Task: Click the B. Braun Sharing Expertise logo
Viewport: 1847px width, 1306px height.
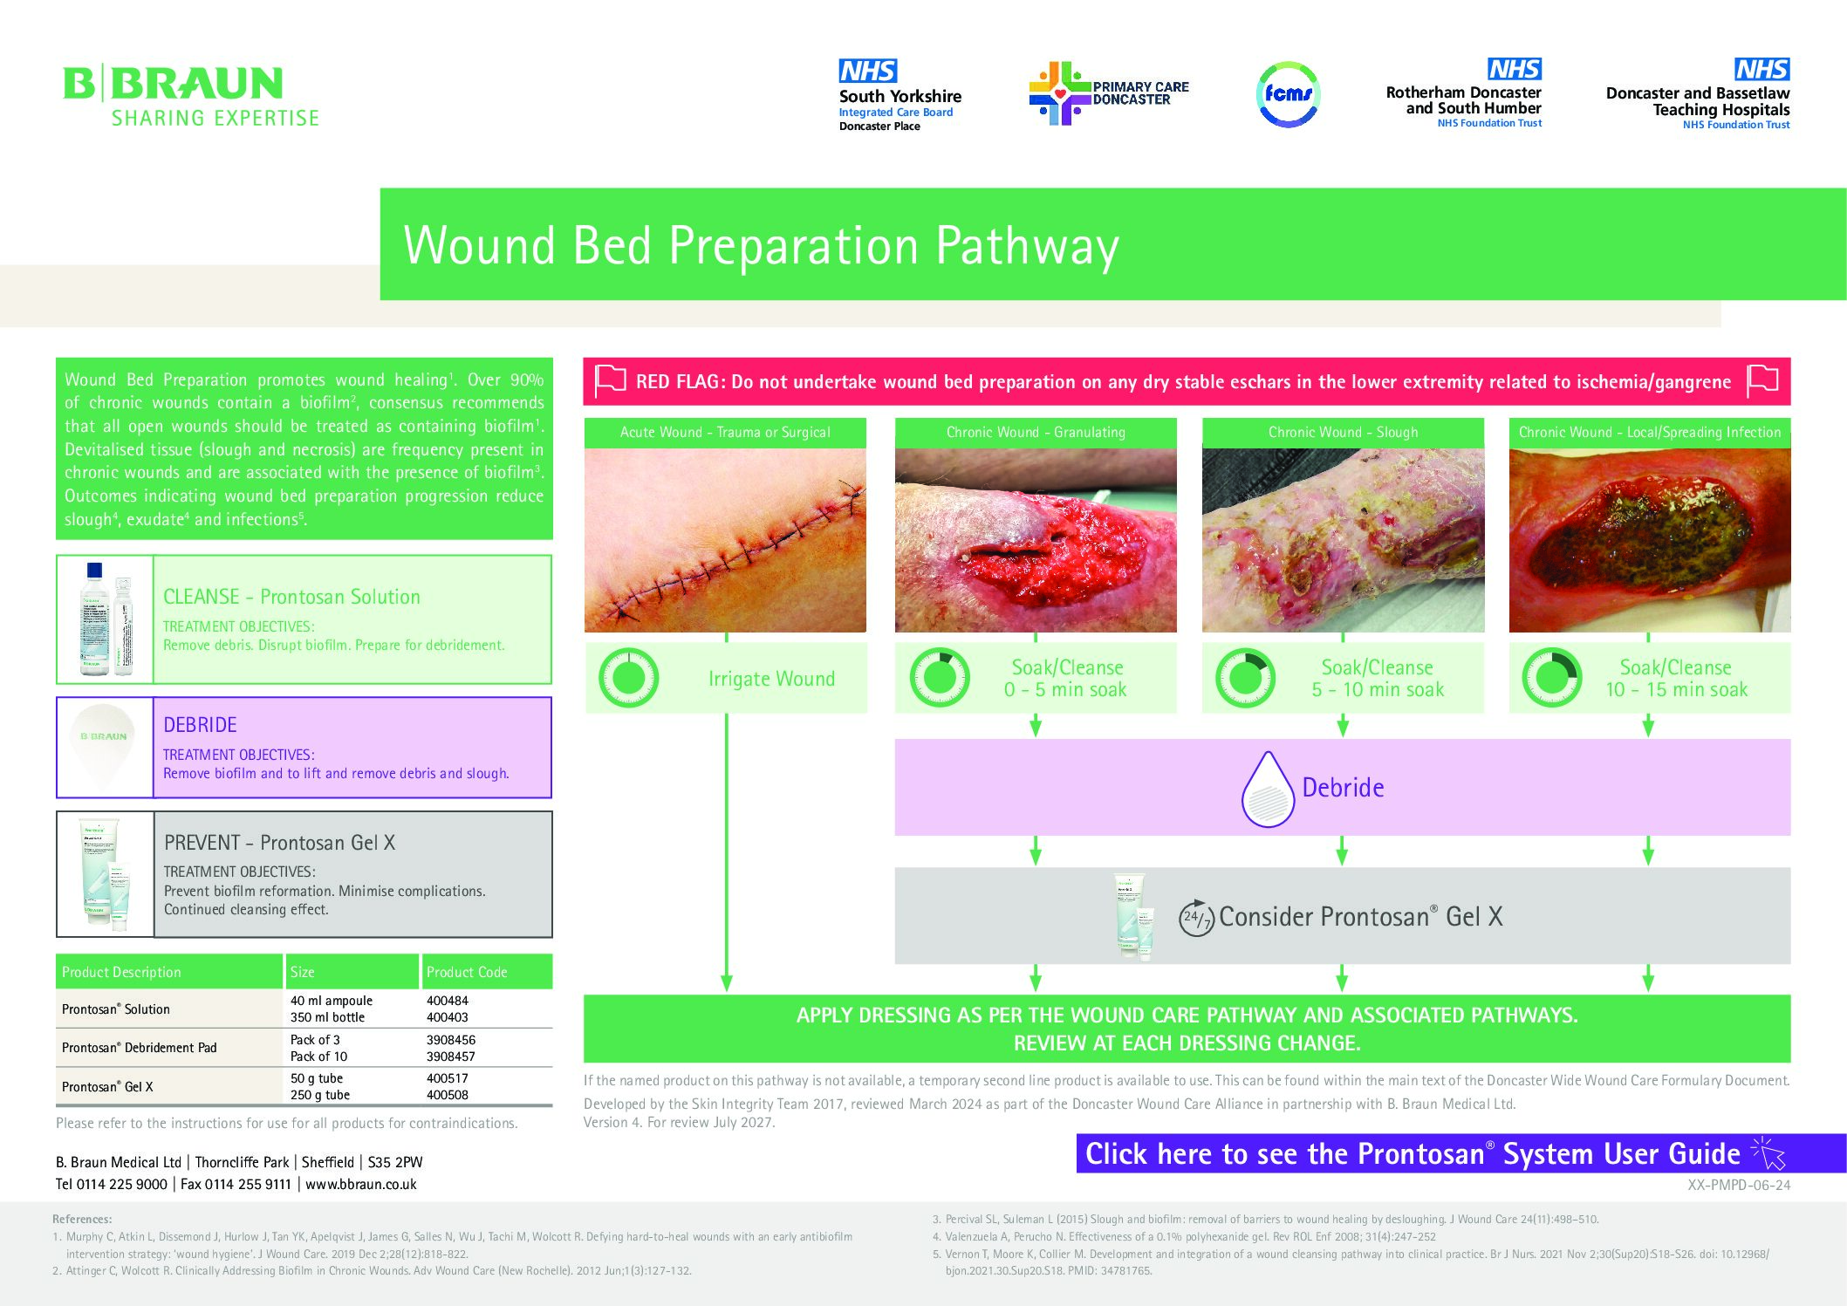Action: coord(190,96)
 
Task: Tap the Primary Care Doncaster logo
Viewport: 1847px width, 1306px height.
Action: coord(1108,93)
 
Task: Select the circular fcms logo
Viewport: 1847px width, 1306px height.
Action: coord(1288,94)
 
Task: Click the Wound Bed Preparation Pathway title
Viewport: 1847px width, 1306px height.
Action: coord(761,246)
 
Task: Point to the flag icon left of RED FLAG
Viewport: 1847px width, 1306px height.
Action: coord(610,381)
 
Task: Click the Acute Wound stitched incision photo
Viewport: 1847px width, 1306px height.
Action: coord(725,540)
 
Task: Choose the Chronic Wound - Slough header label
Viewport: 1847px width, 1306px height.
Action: coord(1343,432)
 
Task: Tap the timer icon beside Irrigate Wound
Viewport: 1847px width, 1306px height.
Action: coord(628,678)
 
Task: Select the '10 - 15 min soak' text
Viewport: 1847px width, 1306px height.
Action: coord(1676,690)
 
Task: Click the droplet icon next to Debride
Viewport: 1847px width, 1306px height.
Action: coord(1267,789)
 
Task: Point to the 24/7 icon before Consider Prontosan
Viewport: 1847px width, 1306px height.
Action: coord(1196,918)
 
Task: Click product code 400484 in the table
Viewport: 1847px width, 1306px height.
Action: coord(447,1001)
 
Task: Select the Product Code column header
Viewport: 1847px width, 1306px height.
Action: coord(467,972)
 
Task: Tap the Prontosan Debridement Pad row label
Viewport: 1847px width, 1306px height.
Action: coord(140,1048)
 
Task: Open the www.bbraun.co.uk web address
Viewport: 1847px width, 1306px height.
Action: coord(361,1185)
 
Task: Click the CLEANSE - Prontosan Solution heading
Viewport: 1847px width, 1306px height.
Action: coord(291,597)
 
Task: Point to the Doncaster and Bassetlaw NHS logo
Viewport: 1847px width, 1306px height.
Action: coord(1698,94)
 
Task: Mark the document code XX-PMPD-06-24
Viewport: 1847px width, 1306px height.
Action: coord(1738,1185)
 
